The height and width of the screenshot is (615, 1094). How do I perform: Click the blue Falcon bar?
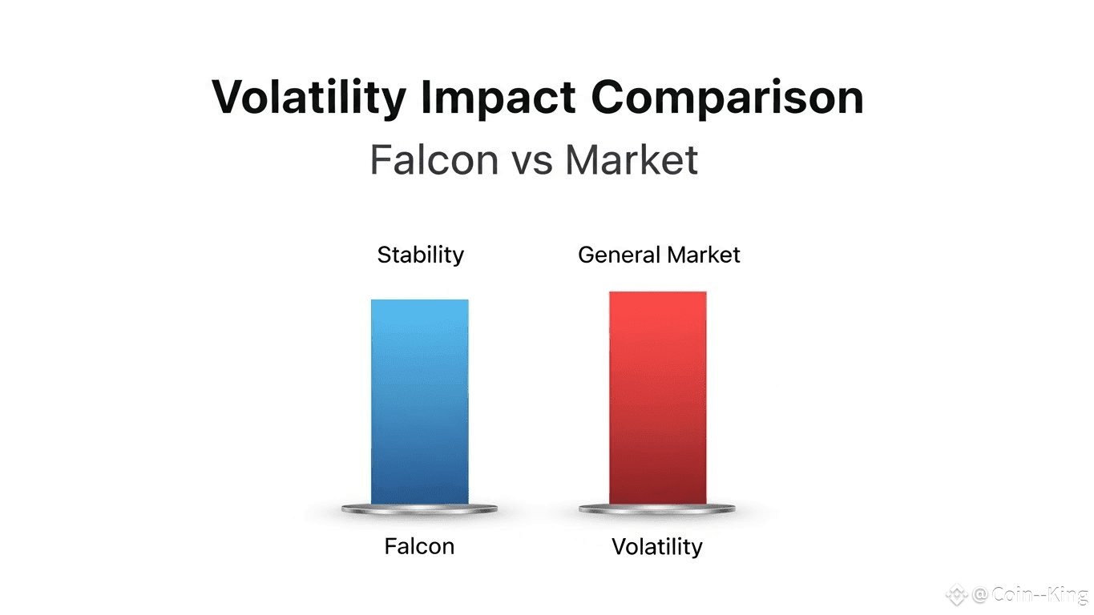419,402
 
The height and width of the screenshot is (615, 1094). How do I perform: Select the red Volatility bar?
657,398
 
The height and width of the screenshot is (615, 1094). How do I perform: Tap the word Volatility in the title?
309,98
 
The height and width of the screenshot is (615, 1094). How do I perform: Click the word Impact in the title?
499,98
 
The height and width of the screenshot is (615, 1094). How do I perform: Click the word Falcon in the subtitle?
434,159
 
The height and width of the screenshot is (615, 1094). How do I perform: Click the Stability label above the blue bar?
421,255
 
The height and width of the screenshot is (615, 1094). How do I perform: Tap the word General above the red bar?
620,255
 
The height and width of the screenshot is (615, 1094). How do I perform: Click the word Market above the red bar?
704,255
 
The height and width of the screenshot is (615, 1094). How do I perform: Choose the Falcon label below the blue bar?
419,546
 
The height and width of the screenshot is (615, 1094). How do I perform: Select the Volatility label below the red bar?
657,547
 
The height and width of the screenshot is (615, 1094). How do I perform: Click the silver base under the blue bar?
419,509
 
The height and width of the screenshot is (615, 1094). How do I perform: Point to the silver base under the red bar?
657,509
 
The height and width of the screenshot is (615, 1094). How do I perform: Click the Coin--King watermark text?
1040,594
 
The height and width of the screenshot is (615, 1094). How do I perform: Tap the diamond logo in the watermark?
956,594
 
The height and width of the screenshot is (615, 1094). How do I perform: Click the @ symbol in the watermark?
980,594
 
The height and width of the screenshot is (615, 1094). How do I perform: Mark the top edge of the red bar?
657,291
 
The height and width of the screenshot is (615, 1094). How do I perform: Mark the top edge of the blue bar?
419,299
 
